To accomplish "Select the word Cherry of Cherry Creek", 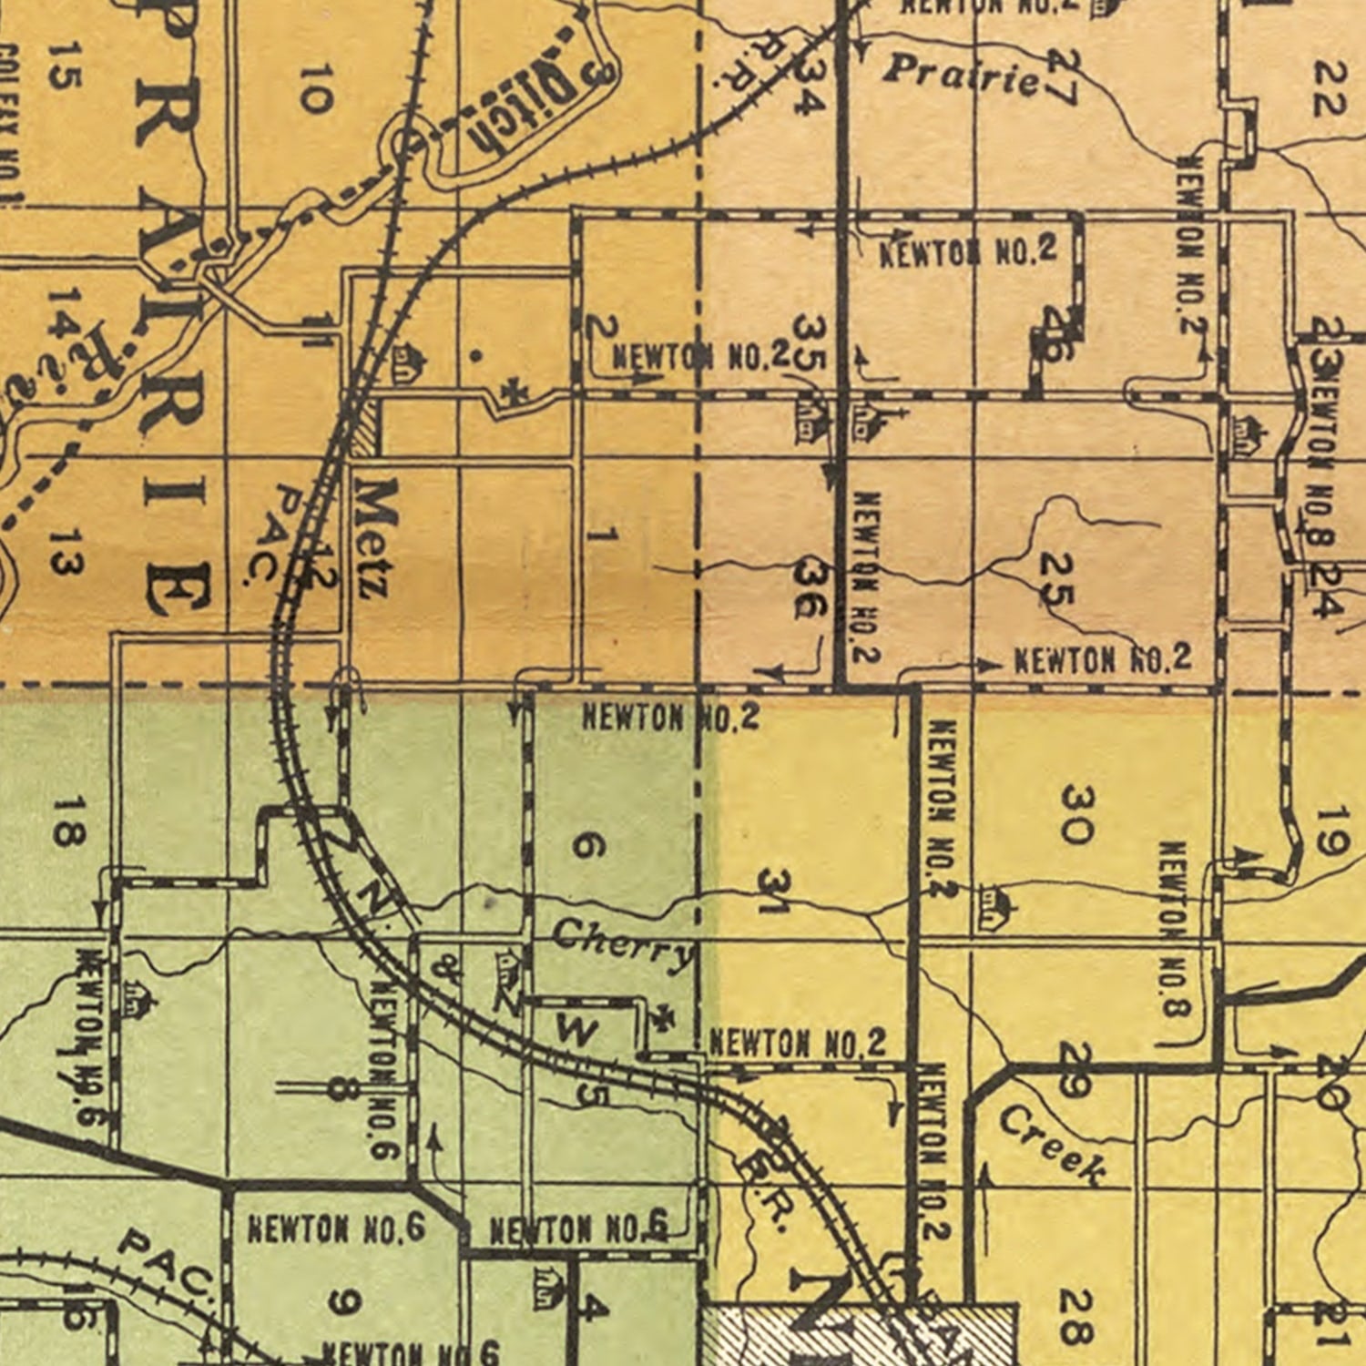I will tap(623, 944).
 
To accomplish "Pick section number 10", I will tap(311, 88).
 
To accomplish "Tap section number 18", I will tap(68, 821).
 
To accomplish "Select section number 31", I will tap(775, 891).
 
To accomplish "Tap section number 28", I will tap(1075, 1317).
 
